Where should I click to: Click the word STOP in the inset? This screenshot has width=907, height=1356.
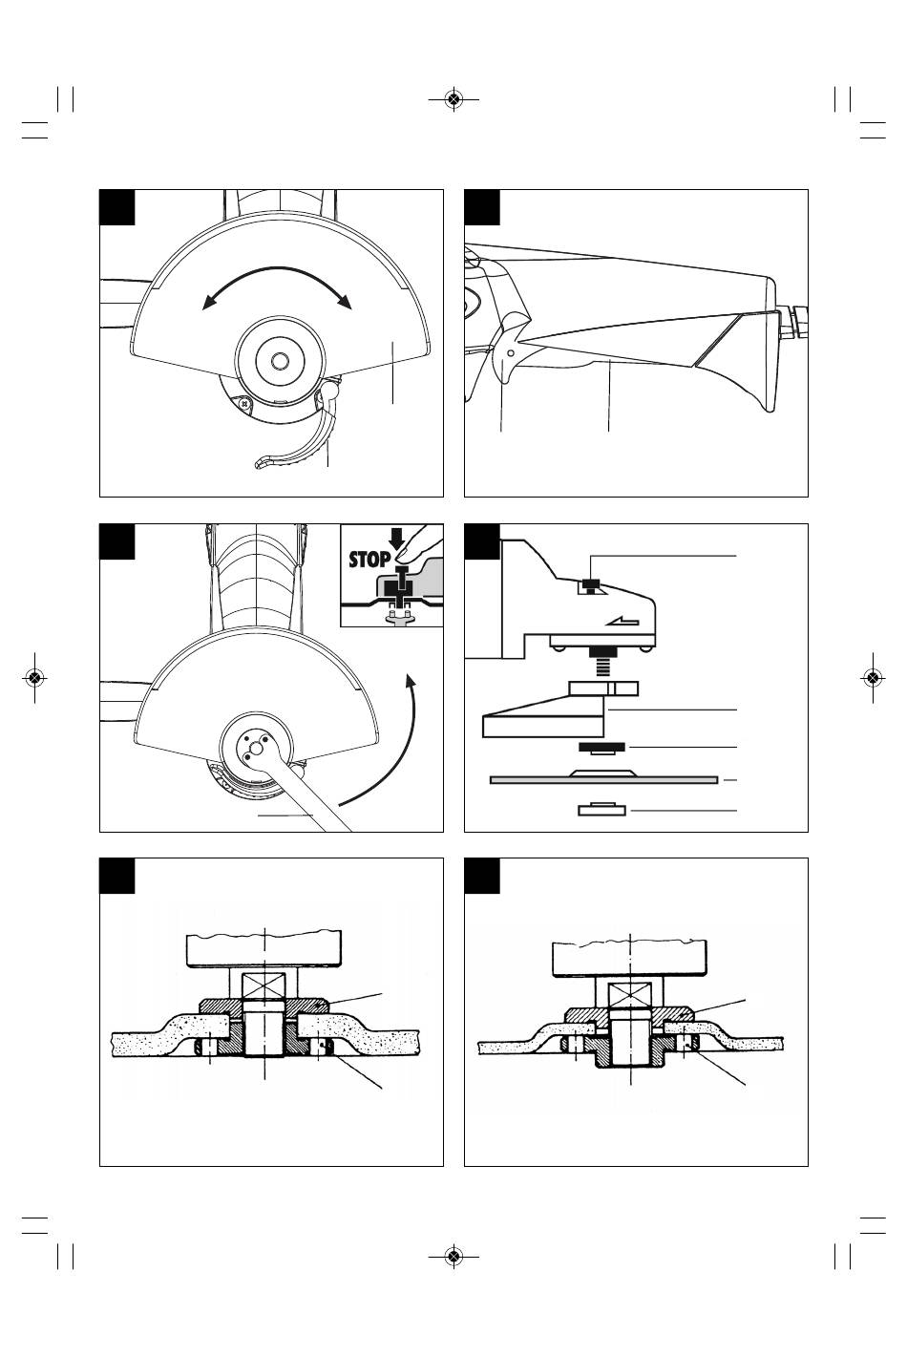[369, 559]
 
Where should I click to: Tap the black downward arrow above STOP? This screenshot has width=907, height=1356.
[397, 539]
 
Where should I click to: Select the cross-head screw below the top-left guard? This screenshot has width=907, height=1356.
[244, 402]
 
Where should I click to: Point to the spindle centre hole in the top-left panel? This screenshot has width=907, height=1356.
[280, 361]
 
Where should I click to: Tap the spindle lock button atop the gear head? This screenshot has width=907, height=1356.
[591, 585]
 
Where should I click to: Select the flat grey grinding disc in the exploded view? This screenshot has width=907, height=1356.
[603, 779]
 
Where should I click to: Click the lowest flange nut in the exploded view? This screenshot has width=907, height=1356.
[601, 809]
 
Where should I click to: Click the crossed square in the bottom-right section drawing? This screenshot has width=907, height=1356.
[630, 996]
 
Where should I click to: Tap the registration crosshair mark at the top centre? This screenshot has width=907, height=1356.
[453, 98]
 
